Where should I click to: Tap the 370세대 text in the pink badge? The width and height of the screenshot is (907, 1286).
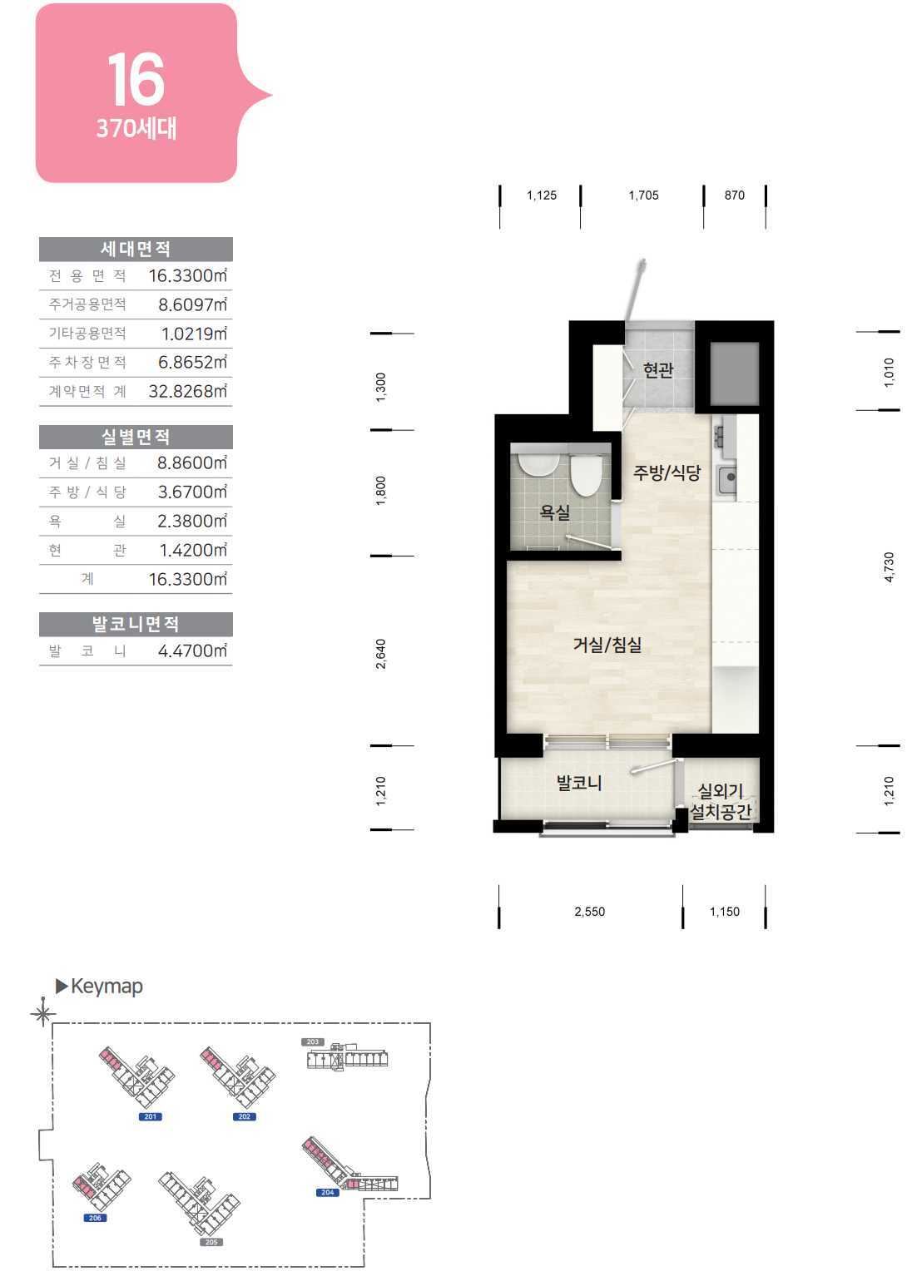pos(136,128)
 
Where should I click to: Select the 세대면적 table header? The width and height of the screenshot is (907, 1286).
pos(136,250)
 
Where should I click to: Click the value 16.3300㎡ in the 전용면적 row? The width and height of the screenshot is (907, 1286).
pos(188,275)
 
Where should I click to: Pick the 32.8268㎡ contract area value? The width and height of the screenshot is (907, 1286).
pos(188,391)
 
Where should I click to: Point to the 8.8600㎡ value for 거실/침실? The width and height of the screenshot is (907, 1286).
pos(192,462)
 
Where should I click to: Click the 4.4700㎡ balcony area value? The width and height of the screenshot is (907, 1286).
pos(192,650)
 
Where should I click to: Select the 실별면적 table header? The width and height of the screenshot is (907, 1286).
pos(136,437)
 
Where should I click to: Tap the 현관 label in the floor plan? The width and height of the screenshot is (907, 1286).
pos(658,370)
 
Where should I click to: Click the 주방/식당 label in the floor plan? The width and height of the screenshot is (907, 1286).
pos(667,472)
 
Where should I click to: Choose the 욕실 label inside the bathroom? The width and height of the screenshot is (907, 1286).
pos(555,512)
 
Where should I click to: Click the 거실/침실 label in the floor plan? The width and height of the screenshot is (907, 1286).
pos(607,645)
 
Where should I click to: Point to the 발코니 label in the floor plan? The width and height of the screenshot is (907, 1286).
pos(579,783)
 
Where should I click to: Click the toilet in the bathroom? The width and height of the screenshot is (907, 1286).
pos(586,475)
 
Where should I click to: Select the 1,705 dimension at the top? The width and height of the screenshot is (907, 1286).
pos(643,195)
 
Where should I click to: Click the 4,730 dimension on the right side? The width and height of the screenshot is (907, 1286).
pos(889,567)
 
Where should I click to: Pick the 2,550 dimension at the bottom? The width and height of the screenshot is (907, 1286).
pos(589,912)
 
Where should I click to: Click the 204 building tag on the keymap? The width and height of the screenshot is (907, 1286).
pos(327,1193)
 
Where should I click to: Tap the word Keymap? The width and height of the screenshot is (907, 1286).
pos(107,987)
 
